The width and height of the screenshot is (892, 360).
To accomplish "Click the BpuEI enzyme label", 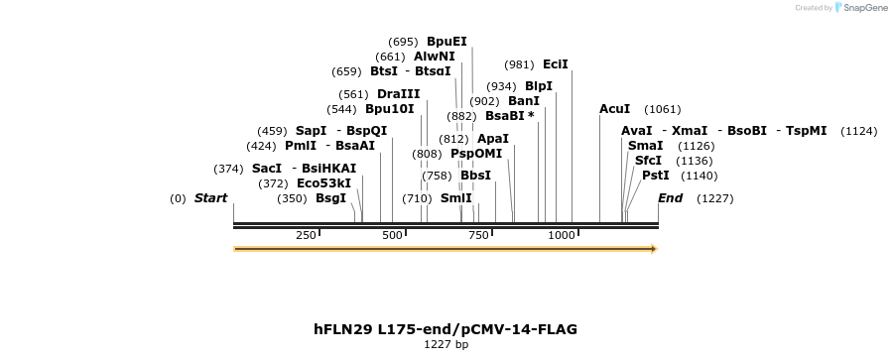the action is (x=446, y=42).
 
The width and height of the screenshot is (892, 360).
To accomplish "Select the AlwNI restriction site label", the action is (x=435, y=57).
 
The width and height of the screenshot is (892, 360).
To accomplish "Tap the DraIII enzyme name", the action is (x=398, y=93).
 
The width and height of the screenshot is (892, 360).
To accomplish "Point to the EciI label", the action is (x=556, y=64).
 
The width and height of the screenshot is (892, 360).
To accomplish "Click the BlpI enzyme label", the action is (x=539, y=86).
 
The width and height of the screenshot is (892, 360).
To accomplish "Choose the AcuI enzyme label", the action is (x=615, y=109).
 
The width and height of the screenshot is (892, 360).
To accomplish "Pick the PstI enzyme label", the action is (x=656, y=176).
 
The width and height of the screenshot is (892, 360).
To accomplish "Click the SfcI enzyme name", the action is (x=648, y=161).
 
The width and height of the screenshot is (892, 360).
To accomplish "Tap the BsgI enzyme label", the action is (x=331, y=198).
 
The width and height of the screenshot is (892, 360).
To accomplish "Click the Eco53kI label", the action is (x=324, y=183).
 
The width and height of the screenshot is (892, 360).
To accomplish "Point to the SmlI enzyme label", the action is (x=456, y=198).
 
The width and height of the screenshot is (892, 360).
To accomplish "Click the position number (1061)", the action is (x=664, y=109).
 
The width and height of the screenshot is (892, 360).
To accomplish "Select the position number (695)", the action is (x=404, y=42).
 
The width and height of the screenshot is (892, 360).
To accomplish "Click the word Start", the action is (x=210, y=198).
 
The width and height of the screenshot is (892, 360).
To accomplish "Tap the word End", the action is (x=671, y=198).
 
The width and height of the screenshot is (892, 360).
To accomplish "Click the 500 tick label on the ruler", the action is (x=393, y=235).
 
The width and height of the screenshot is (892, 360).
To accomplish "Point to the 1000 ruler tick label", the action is (x=563, y=235).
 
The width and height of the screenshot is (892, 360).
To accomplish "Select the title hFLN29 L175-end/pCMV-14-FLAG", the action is (x=446, y=328).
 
